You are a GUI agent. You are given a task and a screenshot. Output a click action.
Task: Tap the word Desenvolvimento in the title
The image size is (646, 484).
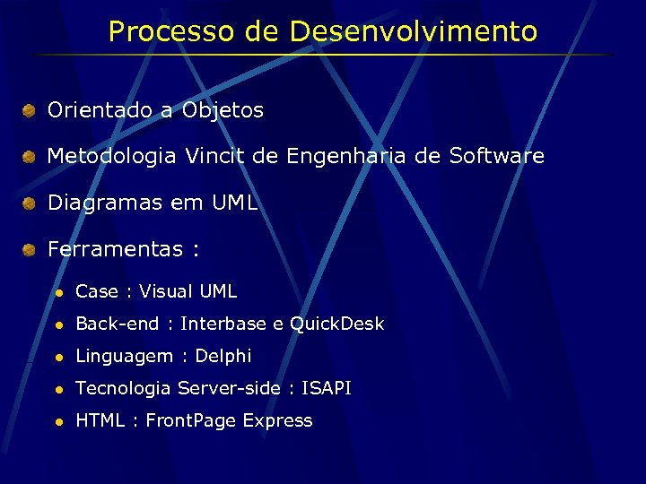point(414,32)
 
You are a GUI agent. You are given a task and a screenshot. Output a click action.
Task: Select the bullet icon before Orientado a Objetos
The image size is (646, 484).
point(30,111)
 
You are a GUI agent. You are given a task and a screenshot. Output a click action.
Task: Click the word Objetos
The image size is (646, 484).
point(223,111)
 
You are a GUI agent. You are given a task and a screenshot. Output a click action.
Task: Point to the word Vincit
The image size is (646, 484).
point(215,157)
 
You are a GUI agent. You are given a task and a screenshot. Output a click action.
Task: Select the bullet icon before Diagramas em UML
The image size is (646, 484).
point(30,203)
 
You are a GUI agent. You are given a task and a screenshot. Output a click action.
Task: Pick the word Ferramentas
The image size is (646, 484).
point(115,249)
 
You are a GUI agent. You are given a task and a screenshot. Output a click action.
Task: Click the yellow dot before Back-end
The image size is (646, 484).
point(57,324)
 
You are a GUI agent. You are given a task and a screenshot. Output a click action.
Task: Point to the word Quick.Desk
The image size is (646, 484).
point(336,324)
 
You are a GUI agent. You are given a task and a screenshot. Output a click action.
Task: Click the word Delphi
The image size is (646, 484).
point(223,356)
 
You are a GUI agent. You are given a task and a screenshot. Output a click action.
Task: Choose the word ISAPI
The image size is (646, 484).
point(327,388)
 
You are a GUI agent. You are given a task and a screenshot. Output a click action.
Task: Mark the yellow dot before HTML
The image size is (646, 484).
point(57,421)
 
